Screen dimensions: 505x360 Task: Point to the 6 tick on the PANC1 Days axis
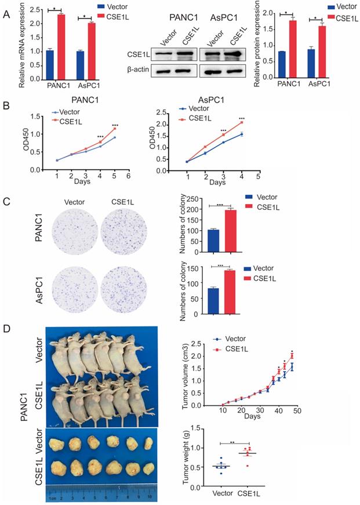(128, 175)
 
